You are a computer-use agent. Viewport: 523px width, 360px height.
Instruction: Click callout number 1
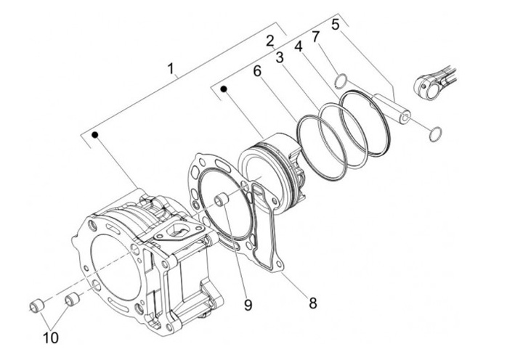(x=171, y=69)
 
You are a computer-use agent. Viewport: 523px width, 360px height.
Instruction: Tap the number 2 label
(x=270, y=41)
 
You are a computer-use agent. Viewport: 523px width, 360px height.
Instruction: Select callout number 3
(x=280, y=57)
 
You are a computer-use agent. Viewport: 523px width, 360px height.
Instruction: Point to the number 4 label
(x=299, y=46)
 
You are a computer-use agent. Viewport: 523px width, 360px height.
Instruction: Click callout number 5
(x=336, y=25)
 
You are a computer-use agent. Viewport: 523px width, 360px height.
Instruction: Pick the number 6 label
(x=257, y=71)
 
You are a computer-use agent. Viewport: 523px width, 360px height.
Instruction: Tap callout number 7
(x=315, y=37)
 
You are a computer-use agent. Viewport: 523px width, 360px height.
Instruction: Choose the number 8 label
(x=313, y=303)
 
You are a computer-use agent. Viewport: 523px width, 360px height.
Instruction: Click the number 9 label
(x=248, y=305)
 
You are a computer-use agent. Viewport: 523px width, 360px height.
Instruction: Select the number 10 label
(x=51, y=337)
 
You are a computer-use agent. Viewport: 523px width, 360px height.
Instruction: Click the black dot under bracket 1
(x=95, y=135)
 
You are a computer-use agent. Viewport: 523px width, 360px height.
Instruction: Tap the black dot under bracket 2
(x=224, y=89)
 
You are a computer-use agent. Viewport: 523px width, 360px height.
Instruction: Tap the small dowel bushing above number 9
(x=222, y=200)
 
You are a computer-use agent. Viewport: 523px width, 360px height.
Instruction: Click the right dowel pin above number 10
(x=71, y=299)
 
